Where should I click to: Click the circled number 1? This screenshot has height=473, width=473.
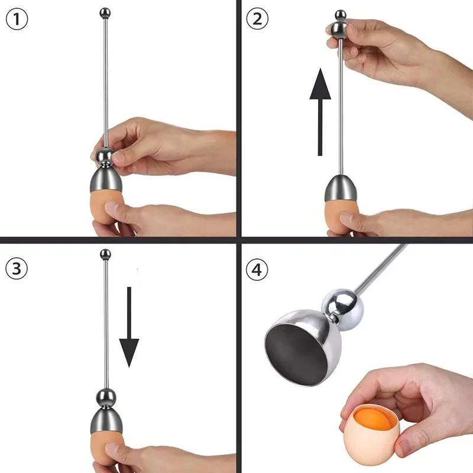[18, 20]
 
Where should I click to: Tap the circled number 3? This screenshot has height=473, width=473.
[18, 268]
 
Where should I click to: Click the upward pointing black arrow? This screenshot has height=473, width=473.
[320, 112]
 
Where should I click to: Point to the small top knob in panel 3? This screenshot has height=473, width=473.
[106, 255]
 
